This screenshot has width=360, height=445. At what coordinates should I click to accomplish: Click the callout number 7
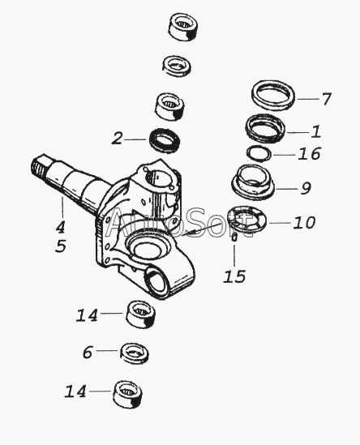point(326,99)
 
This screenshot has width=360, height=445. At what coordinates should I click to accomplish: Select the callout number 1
point(316,131)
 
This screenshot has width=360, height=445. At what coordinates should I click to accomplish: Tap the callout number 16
point(309,153)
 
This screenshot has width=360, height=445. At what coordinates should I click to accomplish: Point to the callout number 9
point(306,188)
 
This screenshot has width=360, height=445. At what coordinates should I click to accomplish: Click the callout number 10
point(304,222)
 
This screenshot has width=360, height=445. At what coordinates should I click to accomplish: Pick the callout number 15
point(234,276)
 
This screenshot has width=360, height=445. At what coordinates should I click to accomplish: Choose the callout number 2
point(117,139)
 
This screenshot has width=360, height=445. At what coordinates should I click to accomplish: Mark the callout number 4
point(60,227)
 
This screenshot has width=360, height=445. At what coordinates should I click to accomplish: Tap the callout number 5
point(61,246)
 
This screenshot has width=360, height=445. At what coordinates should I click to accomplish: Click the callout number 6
point(88,353)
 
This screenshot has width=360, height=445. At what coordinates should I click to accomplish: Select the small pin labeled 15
point(234,237)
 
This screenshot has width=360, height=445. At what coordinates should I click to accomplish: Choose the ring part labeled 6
point(135,353)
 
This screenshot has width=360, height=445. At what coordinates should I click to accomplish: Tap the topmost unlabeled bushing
point(184,27)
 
